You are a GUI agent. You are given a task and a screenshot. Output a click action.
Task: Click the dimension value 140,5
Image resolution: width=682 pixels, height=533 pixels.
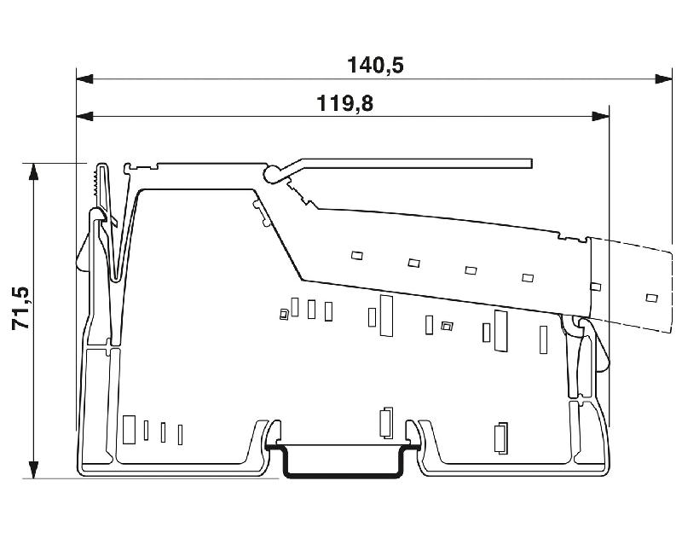coord(375,65)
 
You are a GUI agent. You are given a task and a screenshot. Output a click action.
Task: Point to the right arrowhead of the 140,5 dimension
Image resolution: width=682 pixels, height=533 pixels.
coord(663,79)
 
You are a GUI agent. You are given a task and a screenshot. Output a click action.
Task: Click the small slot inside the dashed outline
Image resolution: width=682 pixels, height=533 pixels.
coord(651,297)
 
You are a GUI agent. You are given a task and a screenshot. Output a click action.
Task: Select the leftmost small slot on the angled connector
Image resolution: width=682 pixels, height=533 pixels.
coord(356,255)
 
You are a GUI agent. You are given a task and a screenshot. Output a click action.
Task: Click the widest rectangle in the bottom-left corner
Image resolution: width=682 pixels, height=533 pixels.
coord(130,428)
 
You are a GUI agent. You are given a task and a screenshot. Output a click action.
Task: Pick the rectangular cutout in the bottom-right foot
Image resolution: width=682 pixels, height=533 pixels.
coord(500,437)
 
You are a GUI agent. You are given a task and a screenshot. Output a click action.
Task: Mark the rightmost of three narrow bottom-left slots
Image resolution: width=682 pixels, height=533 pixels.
coord(180,434)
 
